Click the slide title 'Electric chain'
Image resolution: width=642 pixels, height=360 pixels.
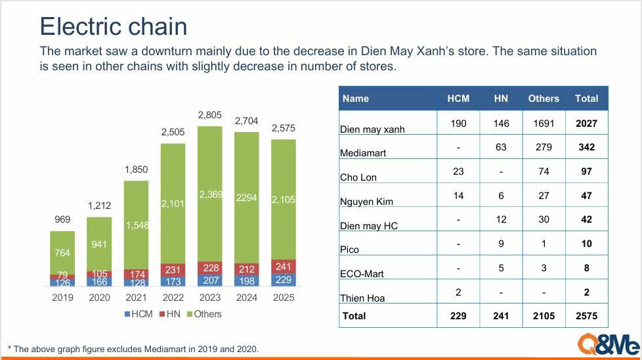[x=114, y=26]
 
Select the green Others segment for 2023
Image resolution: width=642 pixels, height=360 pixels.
[x=210, y=194]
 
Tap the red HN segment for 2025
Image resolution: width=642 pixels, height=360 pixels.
[x=284, y=267]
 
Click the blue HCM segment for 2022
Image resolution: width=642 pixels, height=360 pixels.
[x=173, y=281]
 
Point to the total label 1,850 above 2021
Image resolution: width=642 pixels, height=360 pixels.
[x=137, y=170]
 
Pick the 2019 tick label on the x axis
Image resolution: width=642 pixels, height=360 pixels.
[x=62, y=298]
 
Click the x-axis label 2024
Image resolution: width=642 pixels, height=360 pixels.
[x=247, y=298]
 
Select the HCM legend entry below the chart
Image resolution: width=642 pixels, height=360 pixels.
[x=138, y=314]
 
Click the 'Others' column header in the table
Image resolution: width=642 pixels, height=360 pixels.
[x=544, y=99]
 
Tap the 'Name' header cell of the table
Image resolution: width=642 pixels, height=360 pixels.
[x=356, y=99]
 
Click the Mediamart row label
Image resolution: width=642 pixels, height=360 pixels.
[x=364, y=153]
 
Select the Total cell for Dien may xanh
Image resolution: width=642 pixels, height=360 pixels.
[x=586, y=123]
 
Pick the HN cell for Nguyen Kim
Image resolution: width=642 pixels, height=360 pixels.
[x=501, y=195]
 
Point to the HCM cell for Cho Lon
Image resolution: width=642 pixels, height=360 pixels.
[x=458, y=171]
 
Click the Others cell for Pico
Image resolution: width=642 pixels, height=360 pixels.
[x=544, y=243]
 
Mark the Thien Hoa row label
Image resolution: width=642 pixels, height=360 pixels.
[x=362, y=298]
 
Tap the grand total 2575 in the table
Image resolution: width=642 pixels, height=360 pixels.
[x=586, y=316]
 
